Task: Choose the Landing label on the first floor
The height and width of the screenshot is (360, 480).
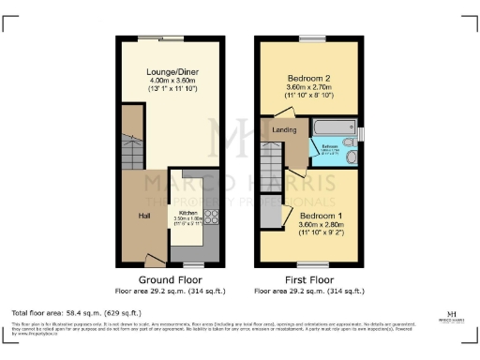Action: coord(284,130)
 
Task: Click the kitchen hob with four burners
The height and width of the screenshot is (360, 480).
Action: coord(211,217)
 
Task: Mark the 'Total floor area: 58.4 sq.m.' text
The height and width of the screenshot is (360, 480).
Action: coord(76,312)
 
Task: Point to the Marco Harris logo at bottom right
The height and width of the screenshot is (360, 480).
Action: coord(453,317)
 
